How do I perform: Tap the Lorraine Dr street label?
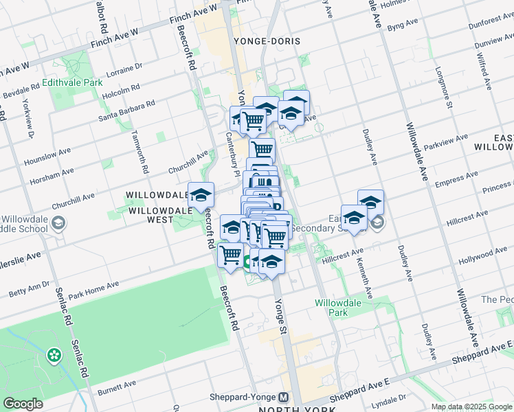124,70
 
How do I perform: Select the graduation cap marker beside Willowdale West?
201,194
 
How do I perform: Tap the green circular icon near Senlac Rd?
53,356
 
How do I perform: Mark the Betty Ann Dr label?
30,288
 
